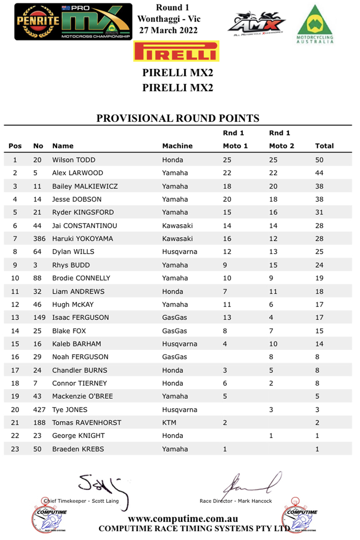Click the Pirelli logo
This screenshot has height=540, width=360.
click(x=176, y=52)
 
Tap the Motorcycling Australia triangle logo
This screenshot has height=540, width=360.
click(x=315, y=24)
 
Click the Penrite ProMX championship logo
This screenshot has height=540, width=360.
click(x=73, y=22)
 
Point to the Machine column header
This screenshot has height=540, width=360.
click(x=177, y=146)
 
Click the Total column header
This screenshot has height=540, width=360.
click(x=324, y=146)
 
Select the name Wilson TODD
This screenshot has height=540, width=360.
click(x=74, y=160)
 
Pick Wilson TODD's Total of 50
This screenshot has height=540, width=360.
click(x=319, y=160)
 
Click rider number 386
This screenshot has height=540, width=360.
click(x=39, y=239)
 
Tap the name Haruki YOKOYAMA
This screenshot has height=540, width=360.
click(x=82, y=239)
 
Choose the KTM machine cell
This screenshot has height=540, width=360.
click(x=169, y=423)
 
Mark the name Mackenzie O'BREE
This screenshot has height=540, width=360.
click(x=82, y=396)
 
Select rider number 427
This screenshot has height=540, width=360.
click(x=39, y=410)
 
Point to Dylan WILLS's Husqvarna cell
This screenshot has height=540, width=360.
click(x=180, y=252)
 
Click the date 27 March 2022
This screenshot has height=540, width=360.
click(x=168, y=30)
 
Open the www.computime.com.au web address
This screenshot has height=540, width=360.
click(x=183, y=519)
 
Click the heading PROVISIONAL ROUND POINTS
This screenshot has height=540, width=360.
click(x=178, y=118)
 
